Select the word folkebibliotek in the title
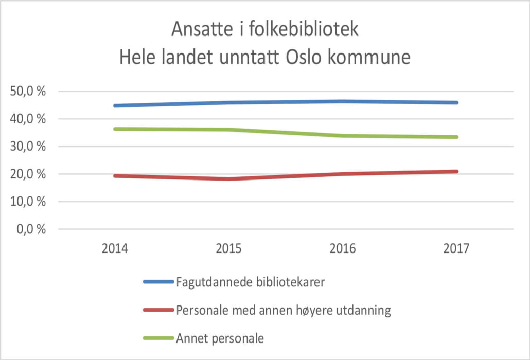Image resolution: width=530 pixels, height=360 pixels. (x=300, y=30)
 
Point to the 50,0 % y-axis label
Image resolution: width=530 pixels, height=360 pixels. (x=28, y=92)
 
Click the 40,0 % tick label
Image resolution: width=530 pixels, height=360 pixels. (x=28, y=119)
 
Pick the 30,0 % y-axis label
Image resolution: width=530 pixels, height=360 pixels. (x=28, y=147)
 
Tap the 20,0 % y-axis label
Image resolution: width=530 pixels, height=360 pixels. (x=28, y=174)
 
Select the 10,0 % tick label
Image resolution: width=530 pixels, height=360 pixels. (x=28, y=202)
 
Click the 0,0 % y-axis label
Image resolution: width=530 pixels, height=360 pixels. (x=31, y=229)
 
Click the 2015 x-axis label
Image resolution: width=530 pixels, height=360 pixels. (x=228, y=249)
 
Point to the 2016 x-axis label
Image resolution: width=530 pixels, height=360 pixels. (x=342, y=249)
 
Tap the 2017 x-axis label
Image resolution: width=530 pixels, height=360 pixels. (x=456, y=249)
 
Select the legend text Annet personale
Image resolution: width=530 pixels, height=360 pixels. (x=220, y=338)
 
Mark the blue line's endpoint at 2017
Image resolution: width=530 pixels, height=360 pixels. (x=456, y=103)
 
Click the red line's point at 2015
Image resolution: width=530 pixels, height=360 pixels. (x=228, y=179)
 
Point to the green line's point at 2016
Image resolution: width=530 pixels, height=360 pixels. (x=342, y=136)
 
